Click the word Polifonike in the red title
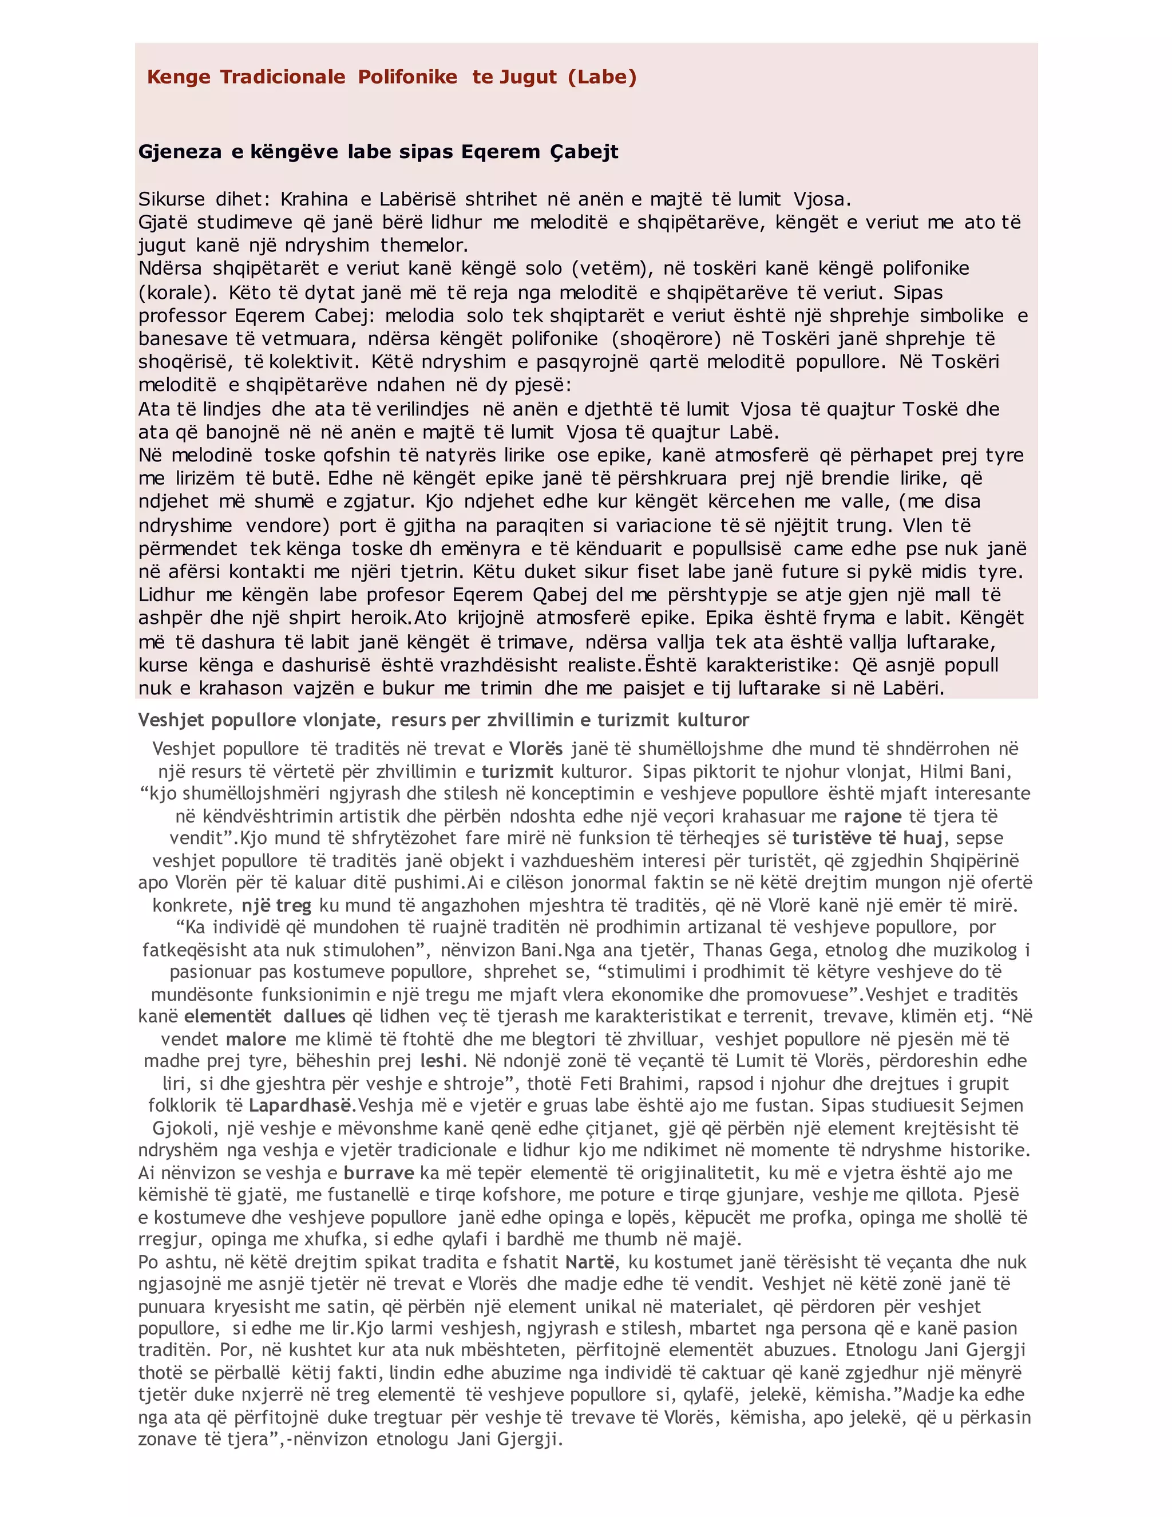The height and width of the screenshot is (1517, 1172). point(407,77)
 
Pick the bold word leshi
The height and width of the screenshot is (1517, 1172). point(440,1061)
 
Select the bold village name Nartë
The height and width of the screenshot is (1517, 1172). point(589,1262)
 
